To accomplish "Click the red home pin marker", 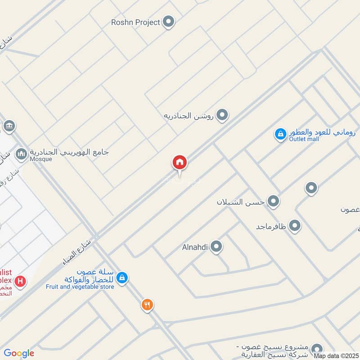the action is point(180,162).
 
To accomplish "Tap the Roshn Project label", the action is point(136,22).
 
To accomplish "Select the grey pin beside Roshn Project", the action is point(168,22).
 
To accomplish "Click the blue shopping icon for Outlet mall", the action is point(280,134).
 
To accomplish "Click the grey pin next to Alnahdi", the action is point(216,246).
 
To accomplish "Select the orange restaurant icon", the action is point(147,305).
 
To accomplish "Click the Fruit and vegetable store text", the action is point(80,287).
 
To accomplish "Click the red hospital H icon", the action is point(20,282).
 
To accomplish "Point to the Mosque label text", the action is point(41,159).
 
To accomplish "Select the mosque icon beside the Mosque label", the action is point(21,155).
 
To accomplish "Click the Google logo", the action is point(19,353).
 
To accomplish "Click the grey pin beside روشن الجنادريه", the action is point(222,116).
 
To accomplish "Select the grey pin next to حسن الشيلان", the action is point(273,201).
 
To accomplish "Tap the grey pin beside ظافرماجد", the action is point(295,225).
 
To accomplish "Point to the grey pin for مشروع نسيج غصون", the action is point(317,348).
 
